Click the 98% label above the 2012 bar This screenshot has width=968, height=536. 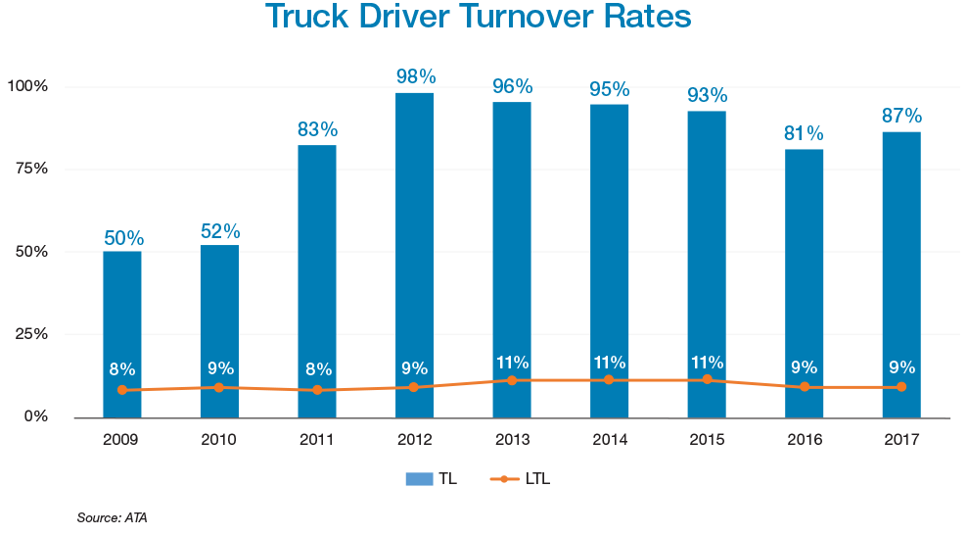(x=415, y=76)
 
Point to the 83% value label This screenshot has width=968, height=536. (x=317, y=128)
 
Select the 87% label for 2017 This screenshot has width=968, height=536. (x=900, y=115)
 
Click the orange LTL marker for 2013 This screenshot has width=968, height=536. (x=511, y=380)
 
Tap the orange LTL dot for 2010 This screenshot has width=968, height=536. (x=219, y=387)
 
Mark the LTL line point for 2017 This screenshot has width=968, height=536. (x=900, y=387)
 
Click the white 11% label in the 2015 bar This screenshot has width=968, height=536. (x=706, y=362)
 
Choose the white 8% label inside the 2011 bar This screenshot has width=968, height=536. (x=317, y=369)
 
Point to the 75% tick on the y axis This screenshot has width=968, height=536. (x=31, y=169)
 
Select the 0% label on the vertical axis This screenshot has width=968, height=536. (x=35, y=416)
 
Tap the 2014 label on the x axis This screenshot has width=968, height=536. (x=609, y=440)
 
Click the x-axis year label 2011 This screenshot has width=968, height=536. (x=317, y=440)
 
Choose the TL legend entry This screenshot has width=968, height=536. (x=431, y=479)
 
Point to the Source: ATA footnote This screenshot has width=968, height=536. (x=112, y=516)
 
